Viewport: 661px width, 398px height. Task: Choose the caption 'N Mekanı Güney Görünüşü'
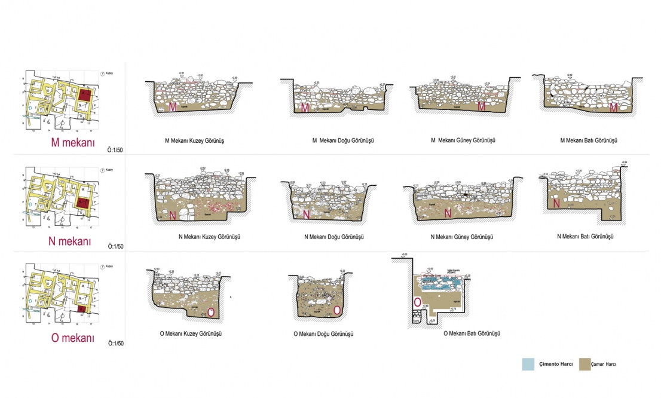(462, 237)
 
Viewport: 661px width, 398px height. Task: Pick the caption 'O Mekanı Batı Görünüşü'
(472, 333)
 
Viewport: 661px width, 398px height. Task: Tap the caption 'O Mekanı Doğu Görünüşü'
(324, 333)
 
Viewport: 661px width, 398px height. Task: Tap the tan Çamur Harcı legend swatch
(586, 364)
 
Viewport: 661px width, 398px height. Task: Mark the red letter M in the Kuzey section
(173, 107)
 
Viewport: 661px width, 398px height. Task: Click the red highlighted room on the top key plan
(85, 95)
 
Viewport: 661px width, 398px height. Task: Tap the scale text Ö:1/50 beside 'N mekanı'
(116, 246)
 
